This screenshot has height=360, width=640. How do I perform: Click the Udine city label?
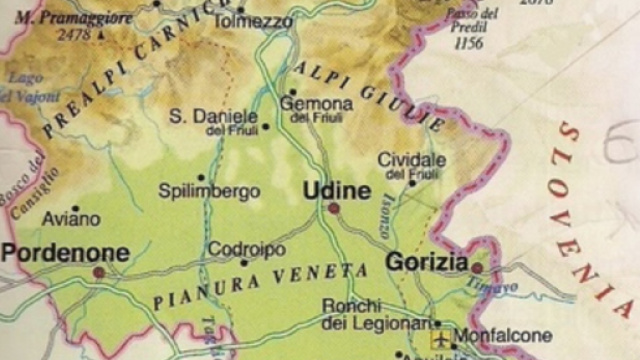click(336, 190)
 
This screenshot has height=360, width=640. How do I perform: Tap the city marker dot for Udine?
click(333, 209)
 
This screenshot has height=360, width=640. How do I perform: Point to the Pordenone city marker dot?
click(98, 272)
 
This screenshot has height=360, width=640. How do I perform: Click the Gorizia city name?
click(427, 263)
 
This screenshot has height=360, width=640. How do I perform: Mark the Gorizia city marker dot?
click(477, 267)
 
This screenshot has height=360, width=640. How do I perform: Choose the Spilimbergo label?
click(209, 191)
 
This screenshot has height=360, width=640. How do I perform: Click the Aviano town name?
click(71, 218)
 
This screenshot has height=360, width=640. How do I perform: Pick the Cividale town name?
click(411, 160)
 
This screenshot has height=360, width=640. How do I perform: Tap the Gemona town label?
click(317, 103)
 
